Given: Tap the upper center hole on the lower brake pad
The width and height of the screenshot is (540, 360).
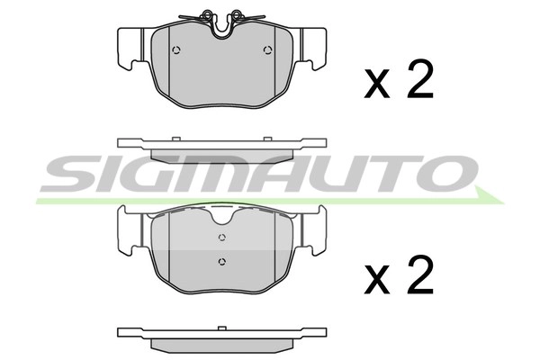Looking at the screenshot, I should coord(220,237).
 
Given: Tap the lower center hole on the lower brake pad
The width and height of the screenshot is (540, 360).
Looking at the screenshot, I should coord(220,262).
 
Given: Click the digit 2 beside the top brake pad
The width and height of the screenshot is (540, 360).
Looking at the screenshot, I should coord(419,81).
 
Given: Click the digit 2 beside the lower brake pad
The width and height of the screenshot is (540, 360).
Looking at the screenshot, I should coord(419,277).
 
